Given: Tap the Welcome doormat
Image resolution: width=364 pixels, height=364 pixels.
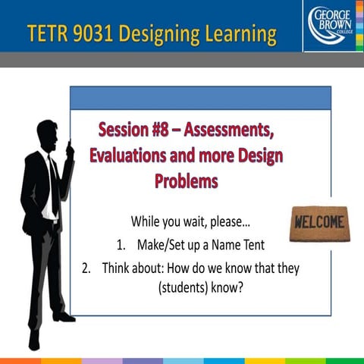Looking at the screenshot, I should click(x=318, y=224).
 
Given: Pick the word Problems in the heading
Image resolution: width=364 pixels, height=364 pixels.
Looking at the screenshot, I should click(x=187, y=181).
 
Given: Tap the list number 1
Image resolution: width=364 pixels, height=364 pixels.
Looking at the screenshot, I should click(x=121, y=246).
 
